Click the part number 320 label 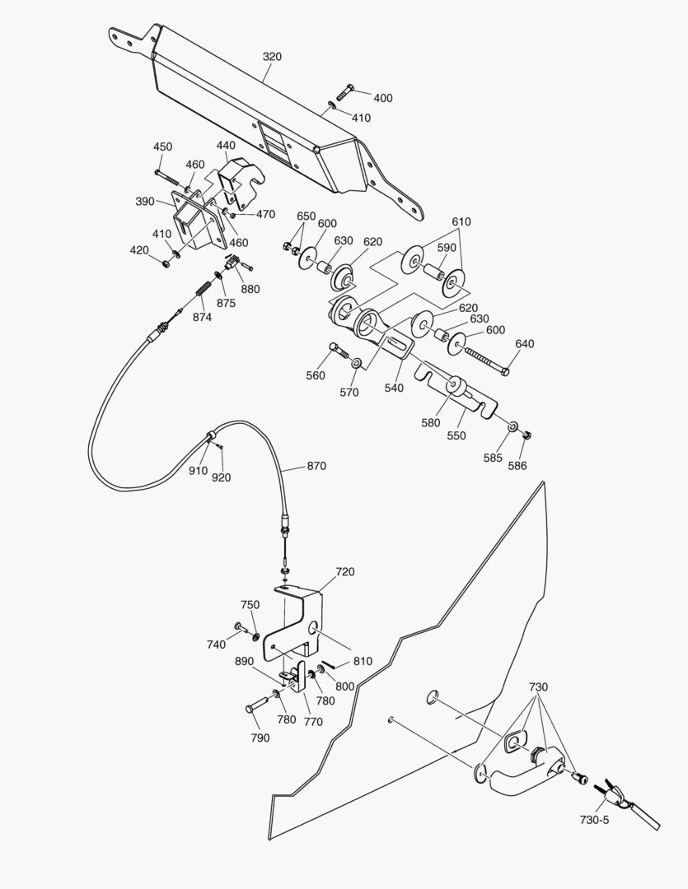tap(272, 57)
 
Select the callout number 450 tap(162, 147)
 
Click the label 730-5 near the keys tap(597, 820)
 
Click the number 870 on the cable tap(316, 466)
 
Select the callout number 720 tap(344, 571)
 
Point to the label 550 tap(455, 436)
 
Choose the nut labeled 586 tap(530, 435)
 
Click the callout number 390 tap(146, 201)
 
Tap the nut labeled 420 tap(166, 263)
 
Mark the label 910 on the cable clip tap(198, 471)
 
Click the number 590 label tap(447, 248)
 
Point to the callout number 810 tap(363, 661)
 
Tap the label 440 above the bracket tap(226, 146)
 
